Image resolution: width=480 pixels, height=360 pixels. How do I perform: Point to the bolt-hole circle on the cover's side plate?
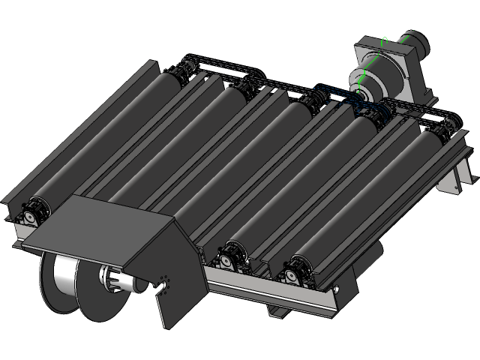[x=164, y=283]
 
